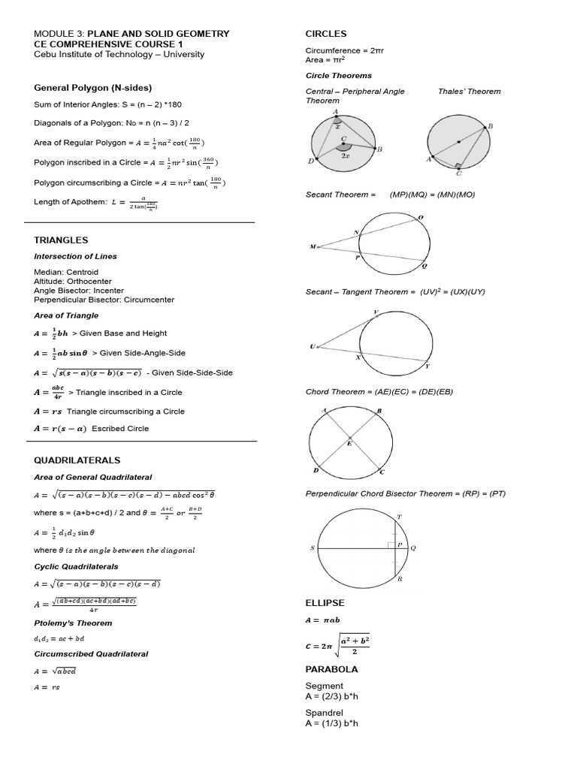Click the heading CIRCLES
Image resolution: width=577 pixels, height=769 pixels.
tap(326, 34)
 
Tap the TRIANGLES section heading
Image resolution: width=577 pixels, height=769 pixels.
tap(61, 240)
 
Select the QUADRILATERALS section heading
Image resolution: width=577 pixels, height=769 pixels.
tap(77, 460)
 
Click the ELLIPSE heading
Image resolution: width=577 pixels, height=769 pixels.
tap(325, 603)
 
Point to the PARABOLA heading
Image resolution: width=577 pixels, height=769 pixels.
tap(331, 669)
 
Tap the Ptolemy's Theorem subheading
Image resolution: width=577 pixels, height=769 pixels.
tap(73, 623)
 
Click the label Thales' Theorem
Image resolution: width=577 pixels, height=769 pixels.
tap(469, 92)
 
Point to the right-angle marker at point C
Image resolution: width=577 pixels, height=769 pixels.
tap(457, 165)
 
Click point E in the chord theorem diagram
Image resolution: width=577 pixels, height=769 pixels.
tap(349, 443)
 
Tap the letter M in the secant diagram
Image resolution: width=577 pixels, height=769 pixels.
tap(312, 246)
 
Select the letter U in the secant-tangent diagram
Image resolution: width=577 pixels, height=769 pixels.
tap(312, 346)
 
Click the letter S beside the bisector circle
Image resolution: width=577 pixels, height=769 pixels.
tap(312, 548)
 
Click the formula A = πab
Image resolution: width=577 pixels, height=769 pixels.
tap(322, 620)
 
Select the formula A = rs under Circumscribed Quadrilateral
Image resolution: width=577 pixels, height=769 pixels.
tap(46, 686)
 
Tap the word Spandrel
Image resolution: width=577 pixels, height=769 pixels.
tap(324, 712)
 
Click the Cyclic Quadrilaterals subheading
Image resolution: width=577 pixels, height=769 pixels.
tap(76, 566)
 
